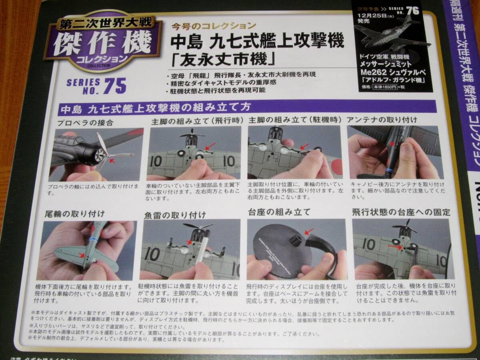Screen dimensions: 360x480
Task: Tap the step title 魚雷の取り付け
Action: tap(175, 215)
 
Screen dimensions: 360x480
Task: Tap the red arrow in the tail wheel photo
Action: tap(82, 254)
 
